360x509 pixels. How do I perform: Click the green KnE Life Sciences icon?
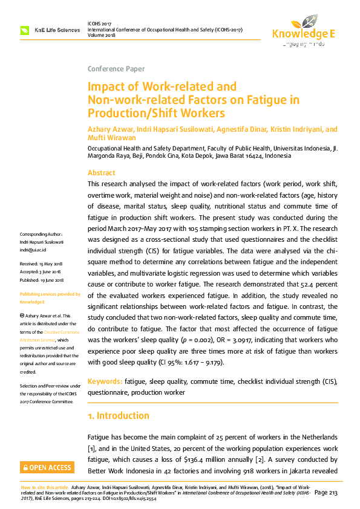tap(25, 30)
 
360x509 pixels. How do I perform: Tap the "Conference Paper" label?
tap(116, 69)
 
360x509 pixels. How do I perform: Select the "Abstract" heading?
tap(101, 172)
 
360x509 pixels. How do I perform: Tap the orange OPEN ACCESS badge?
tap(47, 467)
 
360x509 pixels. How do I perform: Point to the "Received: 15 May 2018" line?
tap(44, 264)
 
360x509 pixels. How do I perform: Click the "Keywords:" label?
tap(105, 382)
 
